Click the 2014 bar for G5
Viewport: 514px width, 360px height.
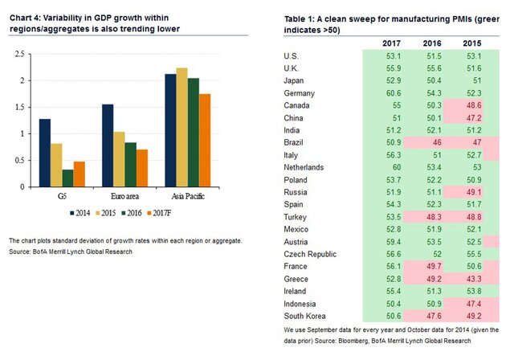click(45, 153)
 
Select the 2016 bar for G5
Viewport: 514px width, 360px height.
click(68, 178)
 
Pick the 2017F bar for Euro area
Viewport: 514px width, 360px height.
click(142, 168)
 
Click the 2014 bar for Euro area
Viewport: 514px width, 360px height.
click(108, 145)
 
